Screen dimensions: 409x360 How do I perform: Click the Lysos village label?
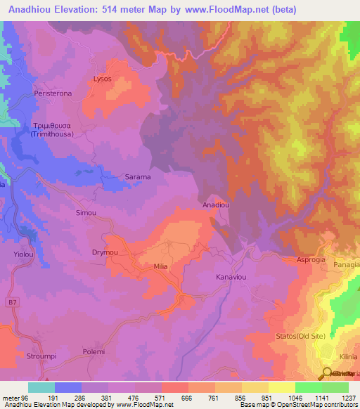click(x=103, y=79)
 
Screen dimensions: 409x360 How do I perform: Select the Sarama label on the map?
click(x=138, y=177)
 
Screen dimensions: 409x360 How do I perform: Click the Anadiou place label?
click(x=215, y=205)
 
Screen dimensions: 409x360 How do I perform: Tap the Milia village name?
click(x=162, y=268)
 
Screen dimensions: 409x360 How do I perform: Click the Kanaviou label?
click(x=231, y=278)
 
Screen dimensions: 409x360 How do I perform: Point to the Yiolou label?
click(x=15, y=255)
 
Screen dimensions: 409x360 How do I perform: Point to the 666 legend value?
click(x=187, y=397)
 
